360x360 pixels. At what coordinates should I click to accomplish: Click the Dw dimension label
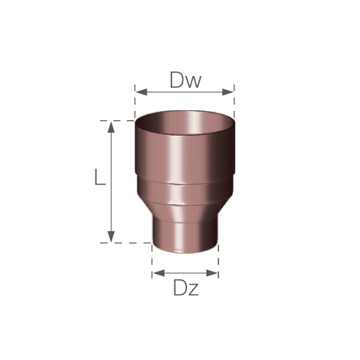click(x=185, y=80)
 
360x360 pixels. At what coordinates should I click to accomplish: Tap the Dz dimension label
click(x=186, y=288)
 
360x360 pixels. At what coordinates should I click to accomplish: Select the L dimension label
click(x=100, y=177)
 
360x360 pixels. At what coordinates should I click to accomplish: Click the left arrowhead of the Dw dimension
click(x=141, y=92)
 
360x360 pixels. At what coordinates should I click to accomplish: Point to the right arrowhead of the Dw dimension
click(x=228, y=92)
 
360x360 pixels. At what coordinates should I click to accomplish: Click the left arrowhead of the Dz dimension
click(x=158, y=273)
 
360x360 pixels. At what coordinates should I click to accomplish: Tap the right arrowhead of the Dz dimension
click(x=213, y=273)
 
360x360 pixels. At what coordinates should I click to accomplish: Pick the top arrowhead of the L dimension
click(x=111, y=127)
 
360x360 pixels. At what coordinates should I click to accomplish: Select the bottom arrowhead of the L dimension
click(x=111, y=237)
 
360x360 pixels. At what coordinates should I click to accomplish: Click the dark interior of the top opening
click(x=185, y=122)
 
